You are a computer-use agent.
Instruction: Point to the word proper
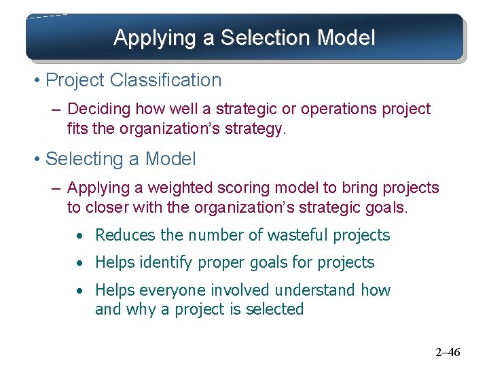219,262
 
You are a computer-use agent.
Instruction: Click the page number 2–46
448,352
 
